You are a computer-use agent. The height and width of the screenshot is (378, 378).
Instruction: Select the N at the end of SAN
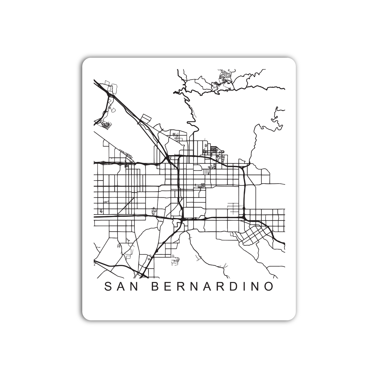point(135,287)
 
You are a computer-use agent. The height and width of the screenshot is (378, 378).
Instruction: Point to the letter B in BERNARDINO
point(156,287)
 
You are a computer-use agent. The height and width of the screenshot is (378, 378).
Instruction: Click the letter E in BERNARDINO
point(168,287)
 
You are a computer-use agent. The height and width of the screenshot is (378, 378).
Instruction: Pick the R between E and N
point(181,287)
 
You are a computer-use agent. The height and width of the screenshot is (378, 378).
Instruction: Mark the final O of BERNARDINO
point(269,287)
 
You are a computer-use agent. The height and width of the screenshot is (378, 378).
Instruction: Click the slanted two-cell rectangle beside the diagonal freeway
point(145,118)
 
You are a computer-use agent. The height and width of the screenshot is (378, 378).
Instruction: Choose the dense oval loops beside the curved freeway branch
point(105,125)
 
